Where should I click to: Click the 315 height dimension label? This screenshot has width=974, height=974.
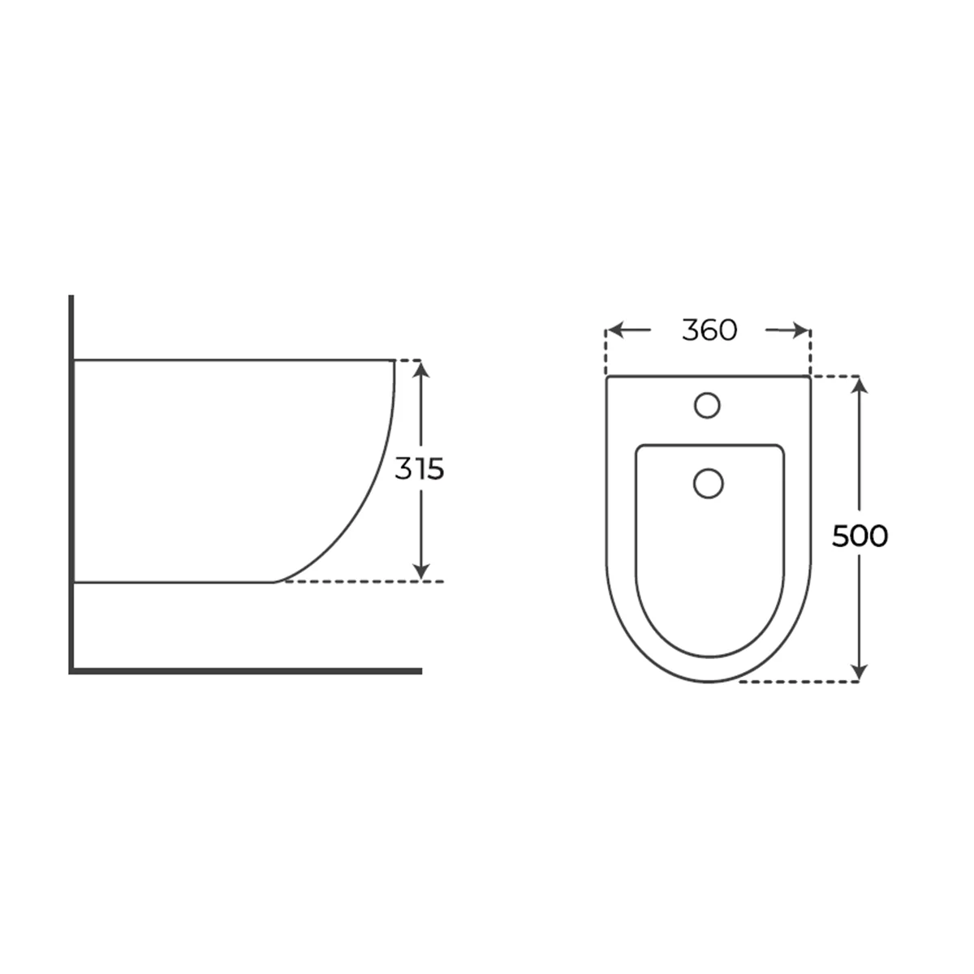click(419, 468)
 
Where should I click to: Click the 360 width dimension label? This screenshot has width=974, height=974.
click(709, 330)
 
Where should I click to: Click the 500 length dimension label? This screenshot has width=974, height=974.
click(860, 536)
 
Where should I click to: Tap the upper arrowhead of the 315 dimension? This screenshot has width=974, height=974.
click(421, 370)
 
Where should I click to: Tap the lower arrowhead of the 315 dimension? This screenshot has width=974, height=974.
click(421, 571)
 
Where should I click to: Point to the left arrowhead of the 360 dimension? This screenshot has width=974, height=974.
click(616, 330)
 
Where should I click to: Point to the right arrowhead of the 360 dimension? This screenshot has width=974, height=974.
click(800, 330)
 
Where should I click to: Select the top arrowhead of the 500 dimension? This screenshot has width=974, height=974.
click(860, 386)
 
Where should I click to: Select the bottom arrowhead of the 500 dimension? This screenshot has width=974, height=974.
click(860, 672)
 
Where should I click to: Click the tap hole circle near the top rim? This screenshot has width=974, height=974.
click(707, 405)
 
